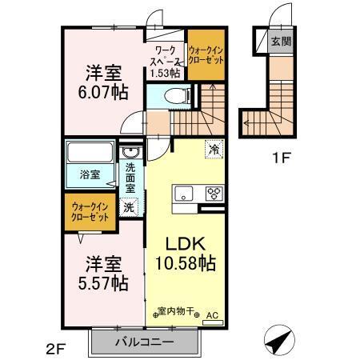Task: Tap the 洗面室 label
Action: click(x=130, y=178)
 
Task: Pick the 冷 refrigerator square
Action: click(x=214, y=148)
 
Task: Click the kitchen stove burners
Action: click(x=214, y=192)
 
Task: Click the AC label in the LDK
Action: click(x=212, y=316)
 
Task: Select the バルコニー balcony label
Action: click(x=145, y=341)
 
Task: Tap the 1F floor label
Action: click(x=279, y=158)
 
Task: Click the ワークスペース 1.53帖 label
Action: click(x=166, y=61)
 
